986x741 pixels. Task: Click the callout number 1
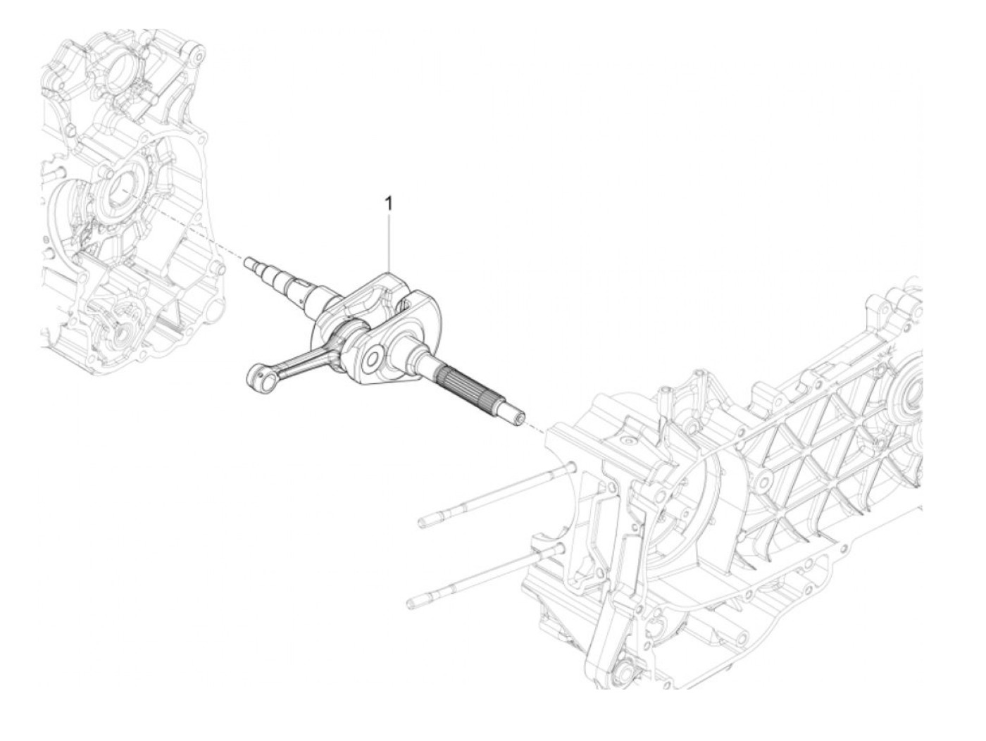388,204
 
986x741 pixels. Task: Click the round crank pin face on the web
373,357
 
